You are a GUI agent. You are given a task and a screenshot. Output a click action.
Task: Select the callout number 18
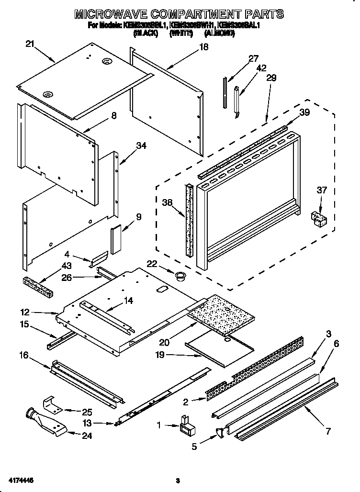(x=204, y=47)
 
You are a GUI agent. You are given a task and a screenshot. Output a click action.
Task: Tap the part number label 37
(x=322, y=190)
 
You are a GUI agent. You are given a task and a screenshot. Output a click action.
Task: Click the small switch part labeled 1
(x=185, y=424)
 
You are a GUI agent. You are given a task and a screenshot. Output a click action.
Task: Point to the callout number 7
(x=328, y=431)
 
